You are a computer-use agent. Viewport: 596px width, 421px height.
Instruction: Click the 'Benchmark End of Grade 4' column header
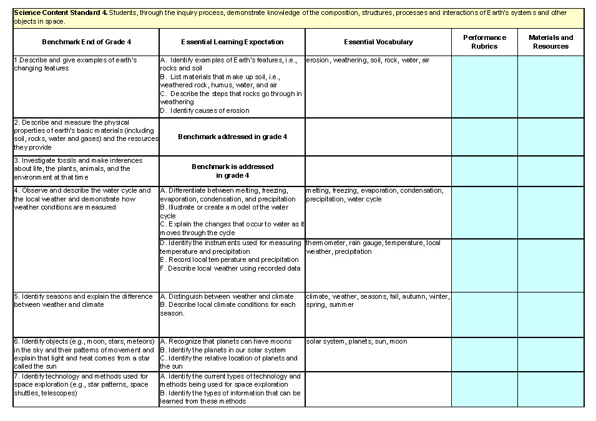(86, 42)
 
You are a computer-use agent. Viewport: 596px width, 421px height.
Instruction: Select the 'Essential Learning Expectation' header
(232, 42)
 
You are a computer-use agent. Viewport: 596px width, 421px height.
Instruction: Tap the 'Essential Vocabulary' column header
(378, 42)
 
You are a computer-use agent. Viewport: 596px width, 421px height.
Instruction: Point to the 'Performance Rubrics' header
(484, 42)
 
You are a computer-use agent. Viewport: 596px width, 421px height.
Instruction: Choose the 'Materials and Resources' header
(550, 42)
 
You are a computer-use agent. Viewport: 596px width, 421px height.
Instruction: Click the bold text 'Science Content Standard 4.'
(60, 12)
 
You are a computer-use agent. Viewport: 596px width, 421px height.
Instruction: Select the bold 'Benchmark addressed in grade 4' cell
(232, 137)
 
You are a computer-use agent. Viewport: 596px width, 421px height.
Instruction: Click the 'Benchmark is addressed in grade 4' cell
(232, 171)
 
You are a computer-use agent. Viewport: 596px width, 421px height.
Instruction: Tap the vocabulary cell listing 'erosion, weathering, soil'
(368, 60)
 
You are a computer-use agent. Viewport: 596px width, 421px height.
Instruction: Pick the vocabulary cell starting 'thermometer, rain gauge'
(373, 247)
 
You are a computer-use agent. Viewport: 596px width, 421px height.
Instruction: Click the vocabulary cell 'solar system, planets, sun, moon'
(356, 342)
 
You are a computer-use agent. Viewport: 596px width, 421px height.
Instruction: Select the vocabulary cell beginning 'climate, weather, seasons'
(377, 301)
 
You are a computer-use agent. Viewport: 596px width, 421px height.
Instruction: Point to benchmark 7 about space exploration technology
(81, 385)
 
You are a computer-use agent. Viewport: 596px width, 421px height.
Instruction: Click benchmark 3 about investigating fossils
(77, 168)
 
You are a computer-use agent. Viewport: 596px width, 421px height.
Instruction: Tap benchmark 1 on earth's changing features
(75, 64)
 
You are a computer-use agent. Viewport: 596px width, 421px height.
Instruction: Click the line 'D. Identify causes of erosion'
(205, 110)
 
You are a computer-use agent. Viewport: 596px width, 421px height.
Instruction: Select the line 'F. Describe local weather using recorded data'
(230, 268)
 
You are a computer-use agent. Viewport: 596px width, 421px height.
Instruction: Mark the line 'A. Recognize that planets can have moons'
(226, 342)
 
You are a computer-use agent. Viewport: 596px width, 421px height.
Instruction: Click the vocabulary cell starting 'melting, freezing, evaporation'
(374, 195)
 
